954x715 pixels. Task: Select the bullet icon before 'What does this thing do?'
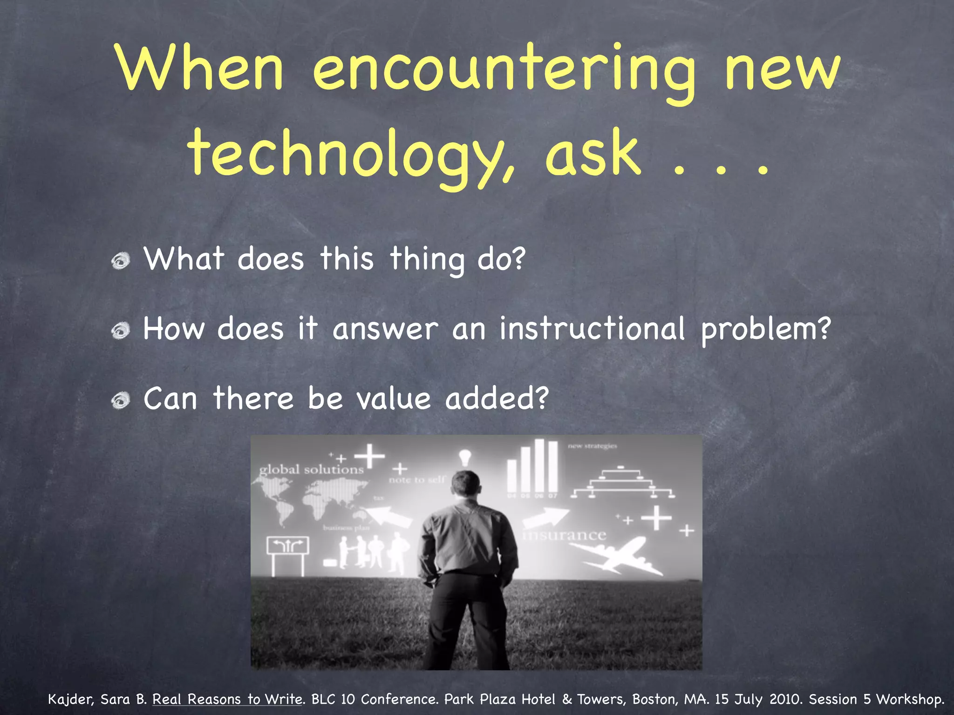pyautogui.click(x=121, y=261)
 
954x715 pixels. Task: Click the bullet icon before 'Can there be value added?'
pyautogui.click(x=121, y=400)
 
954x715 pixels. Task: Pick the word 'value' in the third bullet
pyautogui.click(x=394, y=399)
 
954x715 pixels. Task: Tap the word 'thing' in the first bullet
pyautogui.click(x=427, y=260)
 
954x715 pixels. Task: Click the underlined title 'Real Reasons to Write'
pyautogui.click(x=228, y=699)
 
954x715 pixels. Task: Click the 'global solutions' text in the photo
pyautogui.click(x=311, y=469)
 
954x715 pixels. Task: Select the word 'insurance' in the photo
pyautogui.click(x=565, y=535)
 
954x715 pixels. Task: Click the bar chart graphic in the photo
pyautogui.click(x=532, y=468)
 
